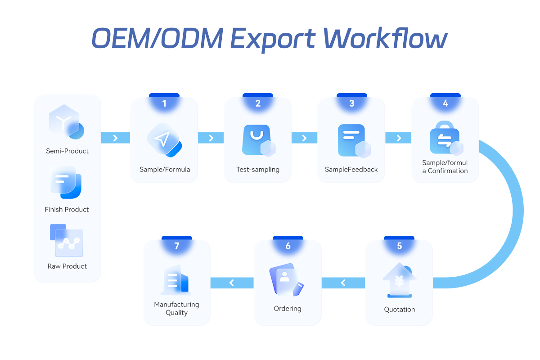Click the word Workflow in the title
tap(385, 39)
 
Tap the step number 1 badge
tap(164, 103)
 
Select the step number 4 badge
tap(445, 103)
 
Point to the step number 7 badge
tap(177, 246)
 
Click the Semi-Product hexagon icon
tap(66, 121)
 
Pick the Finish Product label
tap(67, 209)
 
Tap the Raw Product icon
tap(66, 240)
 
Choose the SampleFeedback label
tap(351, 170)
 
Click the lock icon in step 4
tap(445, 138)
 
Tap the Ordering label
tap(288, 309)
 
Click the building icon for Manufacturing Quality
tap(175, 280)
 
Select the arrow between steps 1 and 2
tap(211, 138)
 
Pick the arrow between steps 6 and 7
tap(232, 283)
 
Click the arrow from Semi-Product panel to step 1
tap(115, 138)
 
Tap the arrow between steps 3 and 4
tap(399, 138)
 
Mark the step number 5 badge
tap(400, 246)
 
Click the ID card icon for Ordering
tap(286, 279)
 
